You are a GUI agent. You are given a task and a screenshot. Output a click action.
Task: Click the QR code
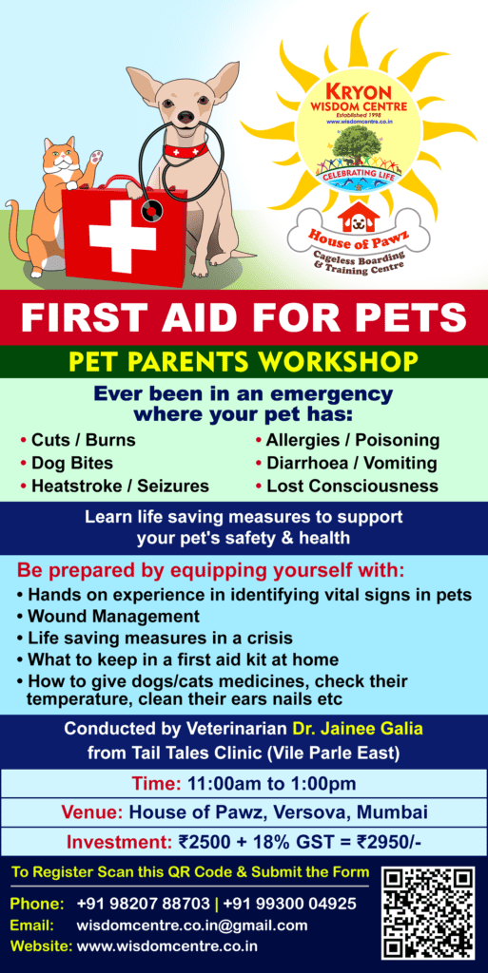pos(428,912)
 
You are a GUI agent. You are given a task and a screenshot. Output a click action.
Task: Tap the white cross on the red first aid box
pos(123,236)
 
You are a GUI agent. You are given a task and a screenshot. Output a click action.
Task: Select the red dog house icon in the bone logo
pos(359,217)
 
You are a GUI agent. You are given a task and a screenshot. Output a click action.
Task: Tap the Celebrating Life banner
pos(359,175)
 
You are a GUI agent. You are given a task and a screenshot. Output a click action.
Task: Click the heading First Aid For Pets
pos(244,317)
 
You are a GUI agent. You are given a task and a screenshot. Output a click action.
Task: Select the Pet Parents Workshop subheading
pos(244,361)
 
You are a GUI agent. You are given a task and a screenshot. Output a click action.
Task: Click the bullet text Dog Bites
pos(72,463)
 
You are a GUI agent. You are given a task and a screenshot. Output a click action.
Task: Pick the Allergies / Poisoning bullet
pos(353,441)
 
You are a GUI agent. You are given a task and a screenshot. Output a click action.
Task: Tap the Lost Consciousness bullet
pos(353,486)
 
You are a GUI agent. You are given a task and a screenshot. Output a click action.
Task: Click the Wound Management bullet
pos(113,617)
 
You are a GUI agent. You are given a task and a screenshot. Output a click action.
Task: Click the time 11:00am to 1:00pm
pos(273,783)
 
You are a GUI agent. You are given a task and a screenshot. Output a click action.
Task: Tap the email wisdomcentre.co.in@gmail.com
pos(192,925)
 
